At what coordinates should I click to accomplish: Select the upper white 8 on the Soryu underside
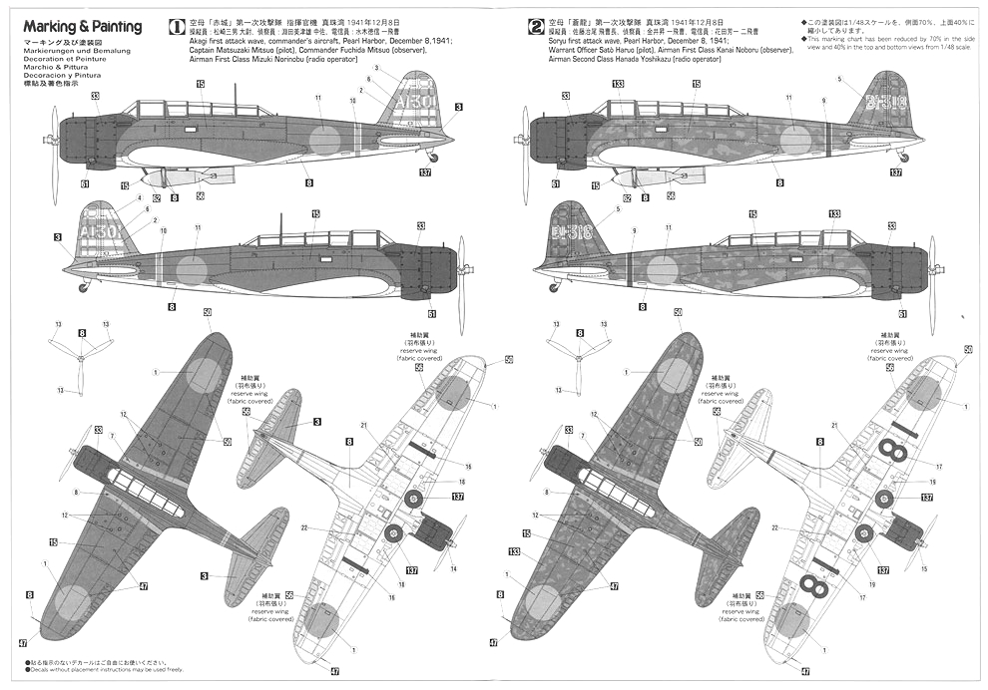tap(895, 453)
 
